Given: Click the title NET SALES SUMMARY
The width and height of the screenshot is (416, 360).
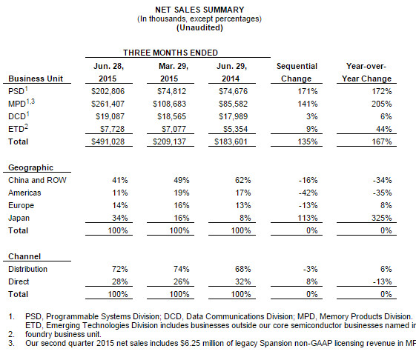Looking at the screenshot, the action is coord(199,10).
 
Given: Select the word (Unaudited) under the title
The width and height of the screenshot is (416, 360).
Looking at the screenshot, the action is coord(199,27).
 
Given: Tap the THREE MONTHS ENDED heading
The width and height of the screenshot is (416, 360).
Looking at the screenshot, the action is coord(171,53).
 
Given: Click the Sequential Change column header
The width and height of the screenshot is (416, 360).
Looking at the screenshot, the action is coord(297,73).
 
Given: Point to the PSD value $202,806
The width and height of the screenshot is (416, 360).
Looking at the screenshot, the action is coord(108,91).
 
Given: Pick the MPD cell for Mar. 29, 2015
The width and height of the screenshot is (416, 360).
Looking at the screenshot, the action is coord(169,104).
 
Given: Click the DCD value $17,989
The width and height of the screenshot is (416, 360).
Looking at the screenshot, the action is coord(233,116).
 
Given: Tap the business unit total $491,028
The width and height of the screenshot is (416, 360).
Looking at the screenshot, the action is coord(108,141).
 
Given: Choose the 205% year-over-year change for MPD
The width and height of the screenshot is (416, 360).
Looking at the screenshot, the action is coord(381,104).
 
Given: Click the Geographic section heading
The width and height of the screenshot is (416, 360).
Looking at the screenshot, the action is coord(31,167).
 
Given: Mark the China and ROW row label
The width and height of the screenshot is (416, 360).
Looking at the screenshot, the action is coord(37,180).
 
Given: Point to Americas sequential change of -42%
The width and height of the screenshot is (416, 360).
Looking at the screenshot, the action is coord(308,193).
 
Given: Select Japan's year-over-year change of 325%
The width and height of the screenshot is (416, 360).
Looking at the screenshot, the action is coord(381,218).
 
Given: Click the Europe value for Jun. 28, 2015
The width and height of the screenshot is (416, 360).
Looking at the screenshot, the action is coord(120,205).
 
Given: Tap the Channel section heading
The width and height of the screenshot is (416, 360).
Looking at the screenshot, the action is coord(24,256).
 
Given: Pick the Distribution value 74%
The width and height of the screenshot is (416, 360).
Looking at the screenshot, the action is coord(182,269).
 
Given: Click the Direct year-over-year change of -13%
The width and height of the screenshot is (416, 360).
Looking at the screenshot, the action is coord(383,281).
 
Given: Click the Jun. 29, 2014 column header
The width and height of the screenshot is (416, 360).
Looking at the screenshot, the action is coord(231,73).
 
